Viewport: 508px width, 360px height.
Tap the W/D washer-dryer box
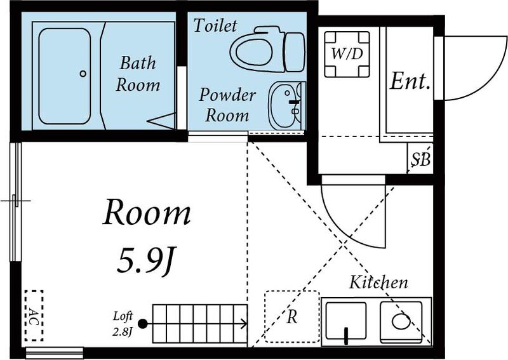347,54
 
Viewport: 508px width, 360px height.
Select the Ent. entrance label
410,81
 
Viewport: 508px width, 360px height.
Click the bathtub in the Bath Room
64,76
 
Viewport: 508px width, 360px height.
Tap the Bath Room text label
138,74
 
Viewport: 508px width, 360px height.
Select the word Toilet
215,25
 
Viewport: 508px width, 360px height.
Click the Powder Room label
227,105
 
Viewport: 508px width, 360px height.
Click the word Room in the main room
147,213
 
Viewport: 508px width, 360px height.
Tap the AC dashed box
34,316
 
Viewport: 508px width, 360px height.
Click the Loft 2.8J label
123,323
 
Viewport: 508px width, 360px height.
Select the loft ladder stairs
199,324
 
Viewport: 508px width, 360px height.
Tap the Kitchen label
378,282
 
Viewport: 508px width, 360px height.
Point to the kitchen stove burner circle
401,321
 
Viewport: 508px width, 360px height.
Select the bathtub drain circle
83,74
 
